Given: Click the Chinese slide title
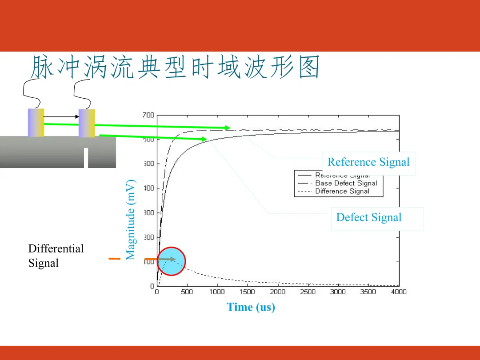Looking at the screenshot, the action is (175, 68).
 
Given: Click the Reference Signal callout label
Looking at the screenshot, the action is (368, 162).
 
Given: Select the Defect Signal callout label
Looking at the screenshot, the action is (368, 217).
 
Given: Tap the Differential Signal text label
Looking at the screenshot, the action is (56, 256).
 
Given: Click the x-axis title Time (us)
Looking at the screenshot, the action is (251, 307).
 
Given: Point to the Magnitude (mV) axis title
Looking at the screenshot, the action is (130, 220).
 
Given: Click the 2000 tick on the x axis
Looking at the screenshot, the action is (277, 292).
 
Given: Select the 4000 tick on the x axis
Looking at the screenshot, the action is (398, 292).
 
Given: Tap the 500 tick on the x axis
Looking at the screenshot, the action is (187, 292).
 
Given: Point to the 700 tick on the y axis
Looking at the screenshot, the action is (149, 115).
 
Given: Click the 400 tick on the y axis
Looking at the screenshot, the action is (149, 188).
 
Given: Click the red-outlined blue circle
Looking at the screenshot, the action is (171, 262).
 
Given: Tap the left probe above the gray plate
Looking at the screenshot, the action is (36, 122).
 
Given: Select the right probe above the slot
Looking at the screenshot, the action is (87, 123).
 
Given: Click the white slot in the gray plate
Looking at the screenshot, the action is (86, 158).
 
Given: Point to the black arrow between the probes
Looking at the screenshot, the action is (61, 117).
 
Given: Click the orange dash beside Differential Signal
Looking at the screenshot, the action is (115, 258).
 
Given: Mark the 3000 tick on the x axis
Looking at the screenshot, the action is (338, 292).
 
